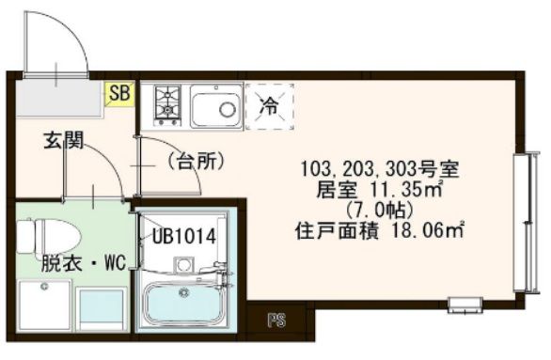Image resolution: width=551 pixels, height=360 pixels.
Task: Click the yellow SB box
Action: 119,93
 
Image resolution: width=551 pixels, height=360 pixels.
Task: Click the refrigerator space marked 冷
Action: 270,104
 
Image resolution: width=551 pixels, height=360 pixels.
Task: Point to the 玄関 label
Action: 63,142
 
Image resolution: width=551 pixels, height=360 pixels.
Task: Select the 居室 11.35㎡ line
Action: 380,189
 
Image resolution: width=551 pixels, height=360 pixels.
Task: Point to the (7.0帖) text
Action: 379,208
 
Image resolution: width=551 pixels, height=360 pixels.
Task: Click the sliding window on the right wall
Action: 521,226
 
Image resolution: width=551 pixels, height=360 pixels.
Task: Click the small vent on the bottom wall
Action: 462,304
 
